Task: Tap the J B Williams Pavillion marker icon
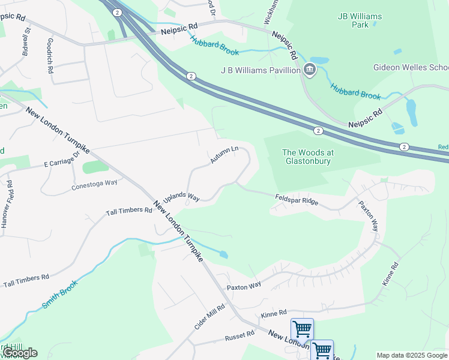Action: pyautogui.click(x=310, y=70)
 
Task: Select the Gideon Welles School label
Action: pyautogui.click(x=411, y=67)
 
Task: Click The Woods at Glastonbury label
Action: pyautogui.click(x=308, y=157)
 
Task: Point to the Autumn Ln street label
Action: pyautogui.click(x=224, y=155)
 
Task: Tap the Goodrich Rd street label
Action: pyautogui.click(x=50, y=56)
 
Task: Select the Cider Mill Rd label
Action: pyautogui.click(x=209, y=316)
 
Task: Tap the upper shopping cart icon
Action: pyautogui.click(x=302, y=329)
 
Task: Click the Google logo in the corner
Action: pyautogui.click(x=20, y=353)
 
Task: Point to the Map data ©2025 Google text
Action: pyautogui.click(x=412, y=355)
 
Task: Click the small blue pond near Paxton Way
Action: pyautogui.click(x=223, y=254)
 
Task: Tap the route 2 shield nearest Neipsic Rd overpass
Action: pyautogui.click(x=116, y=12)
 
